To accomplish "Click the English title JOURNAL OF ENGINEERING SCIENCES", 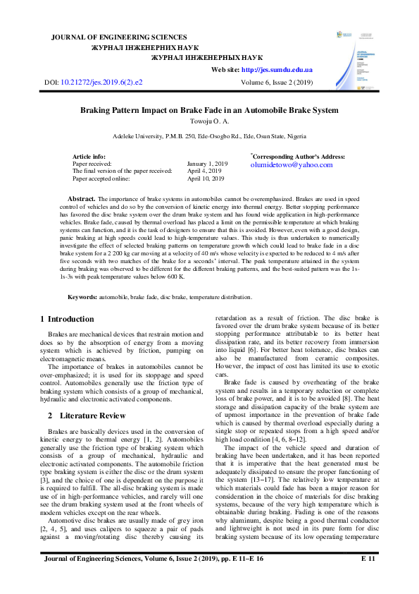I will pyautogui.click(x=119, y=37).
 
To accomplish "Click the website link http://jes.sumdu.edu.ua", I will pyautogui.click(x=277, y=70).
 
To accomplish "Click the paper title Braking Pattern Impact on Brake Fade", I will pyautogui.click(x=209, y=110).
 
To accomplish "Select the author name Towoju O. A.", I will pyautogui.click(x=209, y=121).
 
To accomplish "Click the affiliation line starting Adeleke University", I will pyautogui.click(x=209, y=135).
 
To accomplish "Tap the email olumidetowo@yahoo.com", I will pyautogui.click(x=291, y=164).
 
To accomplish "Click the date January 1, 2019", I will pyautogui.click(x=208, y=163).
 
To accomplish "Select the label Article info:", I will pyautogui.click(x=89, y=156).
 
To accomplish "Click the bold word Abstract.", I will pyautogui.click(x=81, y=200).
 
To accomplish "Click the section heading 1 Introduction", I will pyautogui.click(x=67, y=320).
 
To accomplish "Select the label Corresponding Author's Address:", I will pyautogui.click(x=299, y=156).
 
